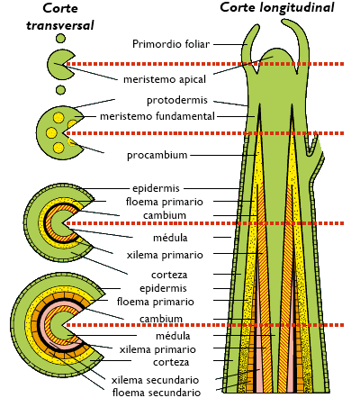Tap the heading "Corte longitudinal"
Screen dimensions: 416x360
tap(276, 8)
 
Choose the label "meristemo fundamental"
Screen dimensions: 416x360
tap(157, 116)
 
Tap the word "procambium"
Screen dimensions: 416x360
tap(157, 155)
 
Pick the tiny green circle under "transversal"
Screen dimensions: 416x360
tap(60, 39)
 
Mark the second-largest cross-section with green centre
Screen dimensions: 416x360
tap(54, 220)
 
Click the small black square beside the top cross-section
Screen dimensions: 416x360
tap(85, 66)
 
